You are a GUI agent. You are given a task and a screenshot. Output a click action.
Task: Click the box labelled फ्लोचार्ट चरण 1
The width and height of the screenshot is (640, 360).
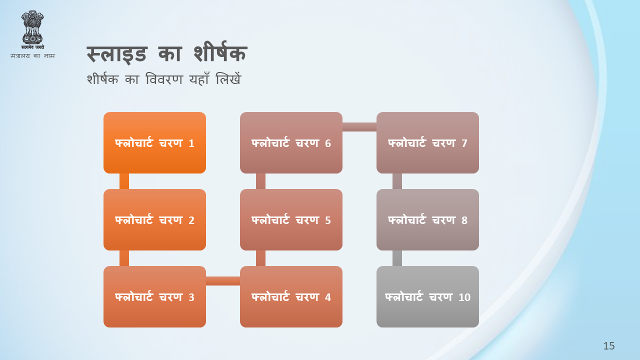click(154, 142)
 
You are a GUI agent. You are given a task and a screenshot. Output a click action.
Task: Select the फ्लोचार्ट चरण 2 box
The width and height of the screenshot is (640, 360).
click(154, 219)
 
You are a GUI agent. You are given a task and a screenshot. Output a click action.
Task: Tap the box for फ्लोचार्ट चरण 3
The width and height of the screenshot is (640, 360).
click(154, 296)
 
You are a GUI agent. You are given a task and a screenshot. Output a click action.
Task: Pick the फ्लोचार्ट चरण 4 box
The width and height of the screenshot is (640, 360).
click(291, 296)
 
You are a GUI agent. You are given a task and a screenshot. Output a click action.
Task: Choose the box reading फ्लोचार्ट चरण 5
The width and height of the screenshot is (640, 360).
click(291, 219)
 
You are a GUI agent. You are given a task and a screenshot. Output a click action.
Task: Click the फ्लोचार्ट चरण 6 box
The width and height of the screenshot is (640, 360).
click(291, 142)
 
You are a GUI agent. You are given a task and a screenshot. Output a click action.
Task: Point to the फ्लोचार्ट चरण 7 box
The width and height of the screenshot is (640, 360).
click(427, 142)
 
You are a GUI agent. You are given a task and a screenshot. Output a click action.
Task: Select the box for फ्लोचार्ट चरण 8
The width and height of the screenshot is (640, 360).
click(427, 219)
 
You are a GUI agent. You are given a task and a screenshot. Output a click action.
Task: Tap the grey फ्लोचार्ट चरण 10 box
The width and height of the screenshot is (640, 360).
click(427, 296)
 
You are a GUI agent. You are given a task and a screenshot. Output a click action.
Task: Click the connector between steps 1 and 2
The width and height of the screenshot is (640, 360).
click(124, 181)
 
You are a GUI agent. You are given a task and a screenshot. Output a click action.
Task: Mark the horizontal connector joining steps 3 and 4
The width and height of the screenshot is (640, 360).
click(223, 281)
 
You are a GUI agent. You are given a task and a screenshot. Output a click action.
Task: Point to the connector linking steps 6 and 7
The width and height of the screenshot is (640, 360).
click(359, 127)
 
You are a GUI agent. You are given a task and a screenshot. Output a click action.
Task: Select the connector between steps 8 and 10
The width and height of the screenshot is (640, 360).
click(397, 258)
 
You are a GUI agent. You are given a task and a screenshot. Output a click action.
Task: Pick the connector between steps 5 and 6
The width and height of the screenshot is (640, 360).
click(260, 181)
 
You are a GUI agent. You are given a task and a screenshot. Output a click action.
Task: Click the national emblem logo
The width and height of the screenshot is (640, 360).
click(32, 29)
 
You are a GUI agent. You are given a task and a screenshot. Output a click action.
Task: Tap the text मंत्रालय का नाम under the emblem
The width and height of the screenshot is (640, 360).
click(32, 55)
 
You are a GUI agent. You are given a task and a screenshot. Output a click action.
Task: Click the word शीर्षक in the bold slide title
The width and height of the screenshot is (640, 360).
click(220, 53)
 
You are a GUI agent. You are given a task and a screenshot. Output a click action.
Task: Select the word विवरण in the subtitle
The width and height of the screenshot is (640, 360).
click(164, 79)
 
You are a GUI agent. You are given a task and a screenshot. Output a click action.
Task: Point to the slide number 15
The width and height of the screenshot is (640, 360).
click(609, 346)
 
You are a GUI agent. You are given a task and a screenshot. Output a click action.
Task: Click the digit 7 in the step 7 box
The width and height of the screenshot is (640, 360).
click(464, 143)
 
